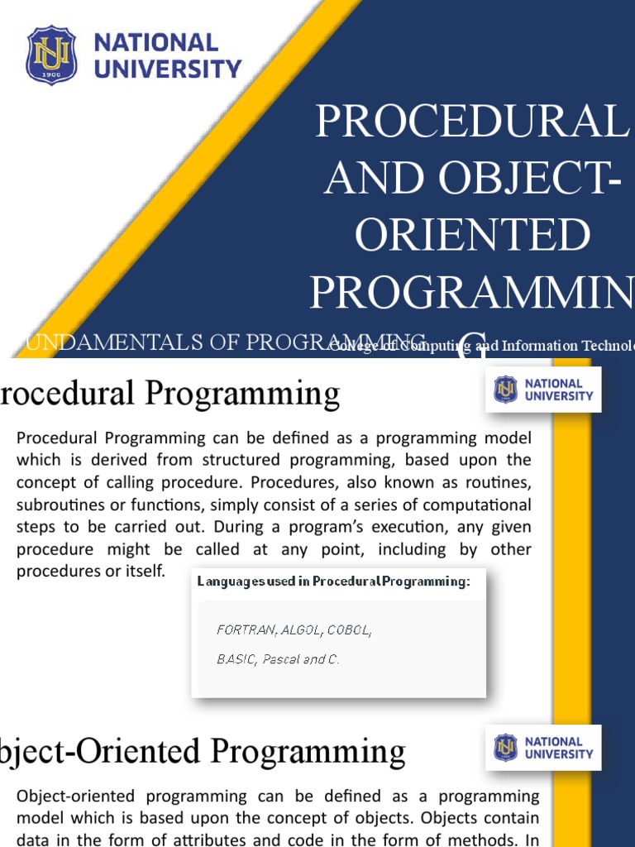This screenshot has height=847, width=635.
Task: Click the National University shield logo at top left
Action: (51, 55)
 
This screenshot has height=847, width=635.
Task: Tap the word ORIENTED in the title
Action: (473, 235)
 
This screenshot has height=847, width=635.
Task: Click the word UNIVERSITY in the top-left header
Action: (168, 69)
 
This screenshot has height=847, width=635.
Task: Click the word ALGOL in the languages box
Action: (301, 630)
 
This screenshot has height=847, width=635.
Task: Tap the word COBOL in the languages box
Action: (349, 630)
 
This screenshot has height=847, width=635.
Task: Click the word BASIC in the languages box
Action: (236, 660)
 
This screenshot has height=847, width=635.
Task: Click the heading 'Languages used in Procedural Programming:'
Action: (333, 581)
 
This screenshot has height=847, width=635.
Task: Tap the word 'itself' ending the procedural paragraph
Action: (146, 572)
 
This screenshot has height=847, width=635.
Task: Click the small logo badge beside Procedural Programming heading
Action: (543, 390)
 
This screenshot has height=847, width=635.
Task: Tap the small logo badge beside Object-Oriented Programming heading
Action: (543, 748)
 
